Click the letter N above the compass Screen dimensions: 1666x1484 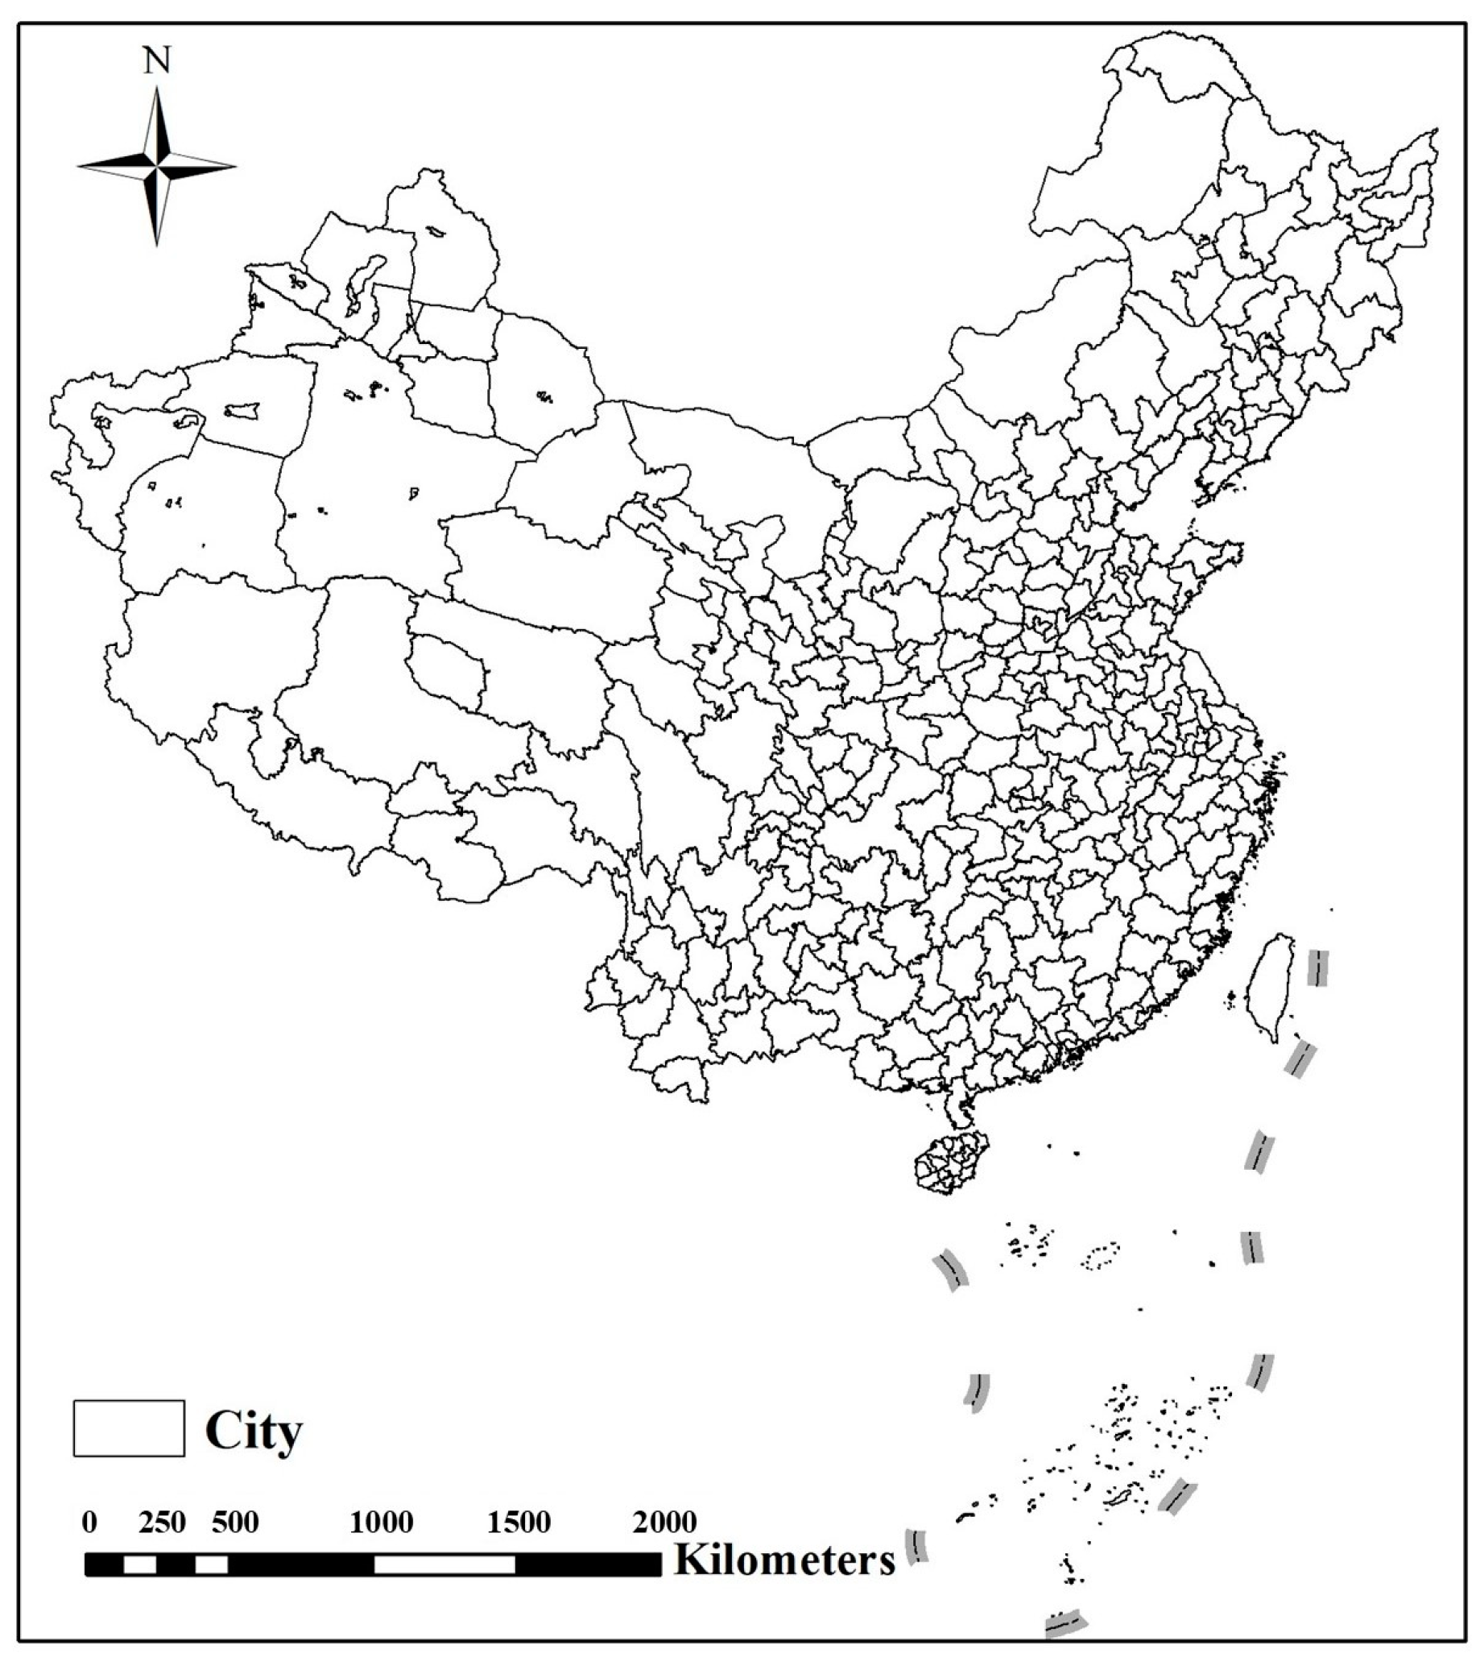pyautogui.click(x=156, y=61)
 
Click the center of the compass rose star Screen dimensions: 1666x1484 pyautogui.click(x=156, y=167)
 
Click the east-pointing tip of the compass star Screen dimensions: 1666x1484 pyautogui.click(x=234, y=167)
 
